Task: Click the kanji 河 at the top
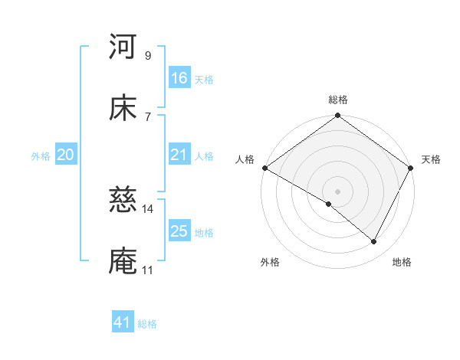(123, 47)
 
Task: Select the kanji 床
(123, 108)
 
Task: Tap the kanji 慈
(123, 201)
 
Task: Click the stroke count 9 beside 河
(147, 55)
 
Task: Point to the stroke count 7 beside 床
(147, 116)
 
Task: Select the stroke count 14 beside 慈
(148, 209)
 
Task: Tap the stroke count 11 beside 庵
(147, 270)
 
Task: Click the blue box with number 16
(179, 78)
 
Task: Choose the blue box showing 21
(179, 155)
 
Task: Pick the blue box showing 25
(179, 231)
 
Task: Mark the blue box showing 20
(65, 155)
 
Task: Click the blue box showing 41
(123, 323)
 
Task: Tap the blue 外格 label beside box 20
(41, 156)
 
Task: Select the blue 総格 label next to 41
(147, 324)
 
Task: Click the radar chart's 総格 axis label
(338, 100)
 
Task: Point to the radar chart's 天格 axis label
(431, 159)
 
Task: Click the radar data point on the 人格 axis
(264, 168)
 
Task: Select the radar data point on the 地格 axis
(374, 242)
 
